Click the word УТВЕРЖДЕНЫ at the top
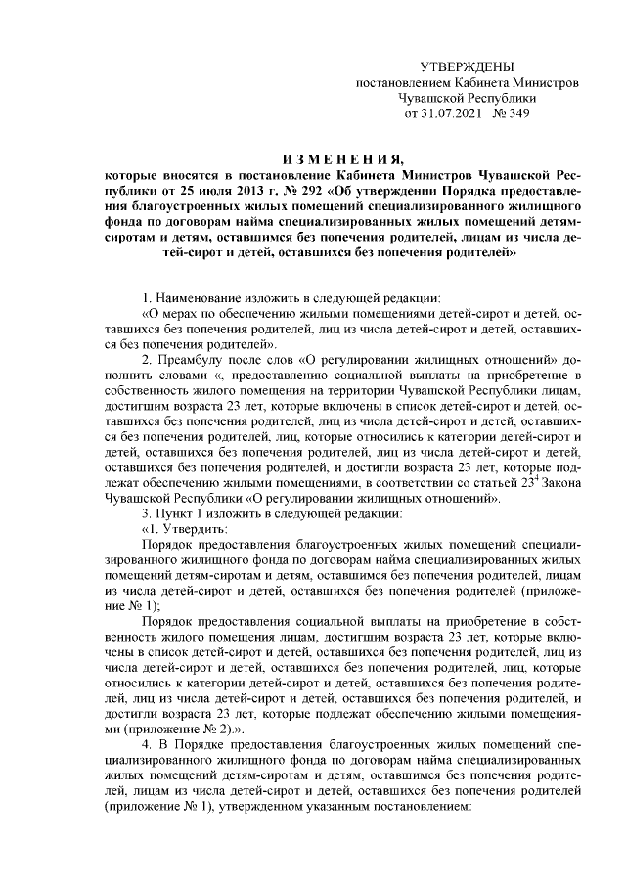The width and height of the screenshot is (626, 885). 466,67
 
